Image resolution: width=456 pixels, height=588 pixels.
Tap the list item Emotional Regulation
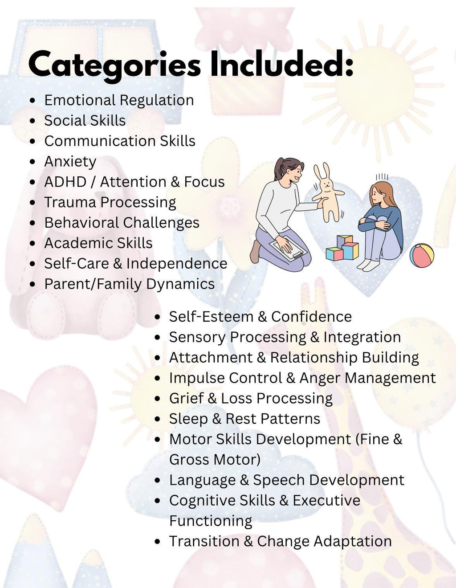click(119, 100)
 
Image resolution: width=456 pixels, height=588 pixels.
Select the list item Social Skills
click(85, 121)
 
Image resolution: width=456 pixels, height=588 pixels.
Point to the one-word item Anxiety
click(70, 162)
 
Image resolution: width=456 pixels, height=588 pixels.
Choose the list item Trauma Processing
click(110, 203)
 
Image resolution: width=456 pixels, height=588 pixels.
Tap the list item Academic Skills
click(98, 243)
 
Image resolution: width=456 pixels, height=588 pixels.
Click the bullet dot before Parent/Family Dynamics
click(33, 285)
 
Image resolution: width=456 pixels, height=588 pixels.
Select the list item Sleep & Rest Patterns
click(244, 419)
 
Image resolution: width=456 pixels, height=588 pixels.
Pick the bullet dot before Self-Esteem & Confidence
click(157, 317)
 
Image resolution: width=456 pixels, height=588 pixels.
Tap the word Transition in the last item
click(204, 542)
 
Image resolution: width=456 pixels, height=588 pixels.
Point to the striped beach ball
click(421, 255)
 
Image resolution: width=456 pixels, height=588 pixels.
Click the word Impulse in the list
click(194, 378)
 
